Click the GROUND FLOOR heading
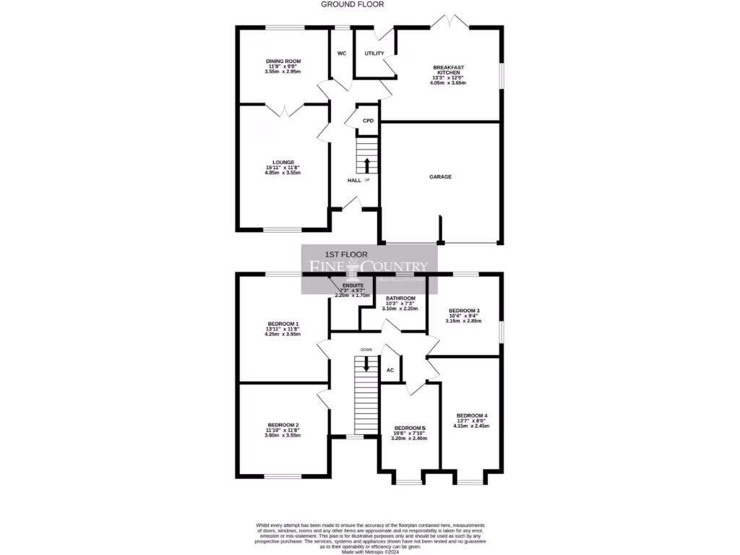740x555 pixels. pos(353,4)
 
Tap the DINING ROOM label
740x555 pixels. pos(283,61)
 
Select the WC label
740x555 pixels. pos(342,53)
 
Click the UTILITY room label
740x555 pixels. pos(374,53)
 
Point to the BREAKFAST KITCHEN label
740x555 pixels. pos(448,70)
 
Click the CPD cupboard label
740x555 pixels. pos(368,121)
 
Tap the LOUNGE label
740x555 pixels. pos(283,162)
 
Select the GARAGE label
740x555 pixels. pos(440,176)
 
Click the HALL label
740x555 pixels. pos(354,180)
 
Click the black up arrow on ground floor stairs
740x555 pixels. pos(367,165)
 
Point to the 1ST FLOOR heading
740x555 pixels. pos(346,254)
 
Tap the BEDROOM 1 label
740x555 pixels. pos(283,323)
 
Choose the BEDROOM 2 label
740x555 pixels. pos(283,424)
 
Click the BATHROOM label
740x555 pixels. pos(400,298)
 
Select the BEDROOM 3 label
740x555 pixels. pos(464,310)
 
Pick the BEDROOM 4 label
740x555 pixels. pos(473,415)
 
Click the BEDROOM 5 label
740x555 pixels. pos(409,428)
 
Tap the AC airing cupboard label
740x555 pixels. pos(390,370)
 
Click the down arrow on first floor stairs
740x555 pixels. pos(366,363)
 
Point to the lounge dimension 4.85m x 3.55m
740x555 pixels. pos(283,173)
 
